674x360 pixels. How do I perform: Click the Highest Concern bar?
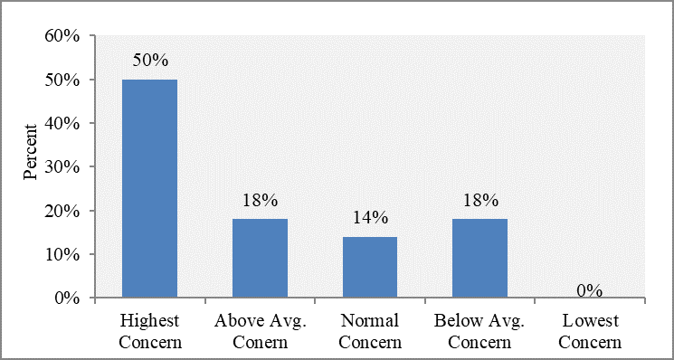pos(149,188)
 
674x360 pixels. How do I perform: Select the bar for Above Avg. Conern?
pos(260,258)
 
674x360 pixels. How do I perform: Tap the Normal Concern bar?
pos(370,267)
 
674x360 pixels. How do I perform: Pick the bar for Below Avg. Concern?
pos(480,258)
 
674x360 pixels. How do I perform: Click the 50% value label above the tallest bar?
pos(149,60)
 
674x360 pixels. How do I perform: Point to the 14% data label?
pos(370,218)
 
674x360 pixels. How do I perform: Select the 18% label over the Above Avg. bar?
pos(260,200)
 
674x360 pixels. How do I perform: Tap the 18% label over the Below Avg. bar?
pos(480,200)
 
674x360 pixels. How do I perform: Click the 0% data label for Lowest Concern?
pos(590,291)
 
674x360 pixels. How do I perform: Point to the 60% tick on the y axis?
pos(62,35)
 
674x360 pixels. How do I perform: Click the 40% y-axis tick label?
pos(62,123)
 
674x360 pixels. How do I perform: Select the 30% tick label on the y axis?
pos(62,166)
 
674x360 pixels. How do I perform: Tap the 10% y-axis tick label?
pos(62,254)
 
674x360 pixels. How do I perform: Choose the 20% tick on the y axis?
pos(62,211)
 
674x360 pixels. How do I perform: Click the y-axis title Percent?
pos(30,152)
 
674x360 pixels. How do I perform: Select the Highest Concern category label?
pos(149,332)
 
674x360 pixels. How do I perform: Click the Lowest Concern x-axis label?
pos(591,332)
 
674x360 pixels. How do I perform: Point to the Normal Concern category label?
pos(371,332)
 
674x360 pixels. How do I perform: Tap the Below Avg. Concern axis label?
pos(479,332)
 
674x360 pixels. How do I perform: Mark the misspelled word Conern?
pos(261,343)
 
